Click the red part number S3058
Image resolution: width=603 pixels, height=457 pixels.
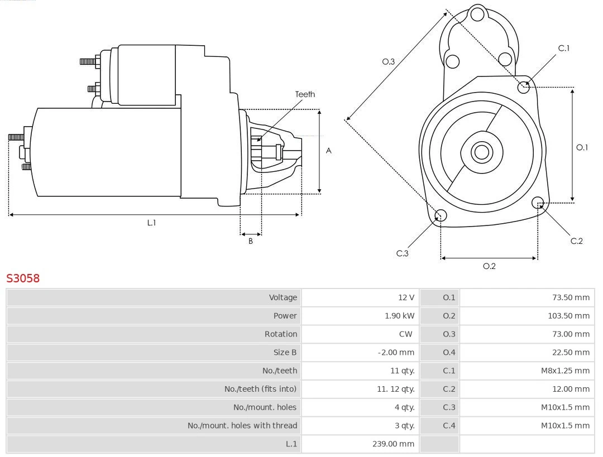pos(23,278)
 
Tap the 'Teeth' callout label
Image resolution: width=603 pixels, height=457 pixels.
pos(305,94)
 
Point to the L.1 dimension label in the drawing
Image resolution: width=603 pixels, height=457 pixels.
pos(151,223)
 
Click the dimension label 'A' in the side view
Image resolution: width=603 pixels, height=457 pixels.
pos(329,151)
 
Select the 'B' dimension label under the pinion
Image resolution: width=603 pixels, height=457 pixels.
pos(251,241)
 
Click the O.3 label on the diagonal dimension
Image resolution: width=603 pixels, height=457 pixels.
pos(389,61)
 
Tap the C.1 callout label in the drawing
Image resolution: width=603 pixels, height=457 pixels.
pos(564,48)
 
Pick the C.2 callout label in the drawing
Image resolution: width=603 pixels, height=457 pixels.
pos(576,240)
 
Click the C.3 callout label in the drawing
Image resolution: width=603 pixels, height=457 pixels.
pos(403,253)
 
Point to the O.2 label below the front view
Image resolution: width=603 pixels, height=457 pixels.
pos(489,266)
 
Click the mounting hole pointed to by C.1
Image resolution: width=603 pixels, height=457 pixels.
pos(524,86)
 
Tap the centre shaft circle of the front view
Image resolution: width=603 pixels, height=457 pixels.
pos(481,152)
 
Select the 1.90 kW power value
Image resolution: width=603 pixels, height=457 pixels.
pos(400,316)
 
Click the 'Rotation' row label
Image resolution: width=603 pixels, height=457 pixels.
pos(281,334)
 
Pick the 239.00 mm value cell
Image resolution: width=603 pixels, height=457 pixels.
pos(394,444)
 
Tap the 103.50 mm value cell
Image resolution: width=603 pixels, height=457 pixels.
pos(568,316)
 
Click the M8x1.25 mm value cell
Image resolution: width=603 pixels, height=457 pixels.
pos(565,371)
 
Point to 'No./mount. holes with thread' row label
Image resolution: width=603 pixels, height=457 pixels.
pos(242,426)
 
